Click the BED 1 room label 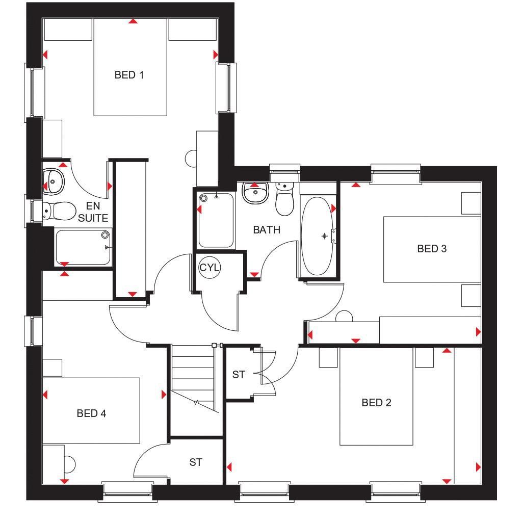point(129,75)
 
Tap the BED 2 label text point(376,403)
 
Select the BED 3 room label point(432,249)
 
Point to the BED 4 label point(91,413)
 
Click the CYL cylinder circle point(210,268)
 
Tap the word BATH point(267,230)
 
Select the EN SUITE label point(93,213)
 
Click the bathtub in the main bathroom point(317,236)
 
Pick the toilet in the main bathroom point(284,201)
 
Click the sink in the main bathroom point(255,193)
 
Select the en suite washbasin point(53,180)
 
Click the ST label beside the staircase point(239,375)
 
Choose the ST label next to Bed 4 point(196,462)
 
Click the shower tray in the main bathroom point(216,220)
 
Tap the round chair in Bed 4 point(69,464)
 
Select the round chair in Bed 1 point(192,159)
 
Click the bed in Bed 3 point(431,249)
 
